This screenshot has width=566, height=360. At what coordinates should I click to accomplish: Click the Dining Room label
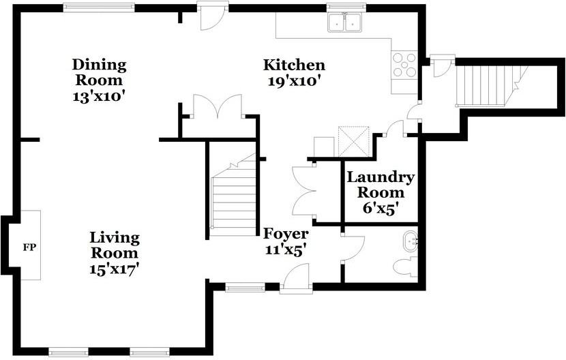(100, 72)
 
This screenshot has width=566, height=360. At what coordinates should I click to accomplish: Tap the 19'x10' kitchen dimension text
(294, 81)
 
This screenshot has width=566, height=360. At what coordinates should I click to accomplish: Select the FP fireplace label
(29, 247)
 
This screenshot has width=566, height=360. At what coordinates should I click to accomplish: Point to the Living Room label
(115, 245)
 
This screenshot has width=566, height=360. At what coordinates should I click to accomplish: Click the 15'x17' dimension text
(115, 269)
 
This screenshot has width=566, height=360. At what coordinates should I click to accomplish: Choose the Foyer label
(286, 234)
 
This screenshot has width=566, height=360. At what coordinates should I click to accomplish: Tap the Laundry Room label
(381, 185)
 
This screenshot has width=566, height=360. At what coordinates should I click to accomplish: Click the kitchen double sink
(346, 22)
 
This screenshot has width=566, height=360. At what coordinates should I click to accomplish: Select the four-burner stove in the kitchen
(404, 65)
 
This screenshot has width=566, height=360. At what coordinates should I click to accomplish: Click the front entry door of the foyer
(296, 277)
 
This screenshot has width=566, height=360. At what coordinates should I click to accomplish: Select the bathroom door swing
(353, 249)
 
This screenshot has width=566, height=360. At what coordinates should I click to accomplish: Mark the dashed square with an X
(354, 142)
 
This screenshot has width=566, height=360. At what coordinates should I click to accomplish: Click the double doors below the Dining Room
(218, 106)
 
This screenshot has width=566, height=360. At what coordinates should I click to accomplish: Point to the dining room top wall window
(99, 7)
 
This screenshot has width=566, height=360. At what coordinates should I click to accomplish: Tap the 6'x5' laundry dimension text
(381, 209)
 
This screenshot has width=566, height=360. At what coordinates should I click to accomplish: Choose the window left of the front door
(245, 288)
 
